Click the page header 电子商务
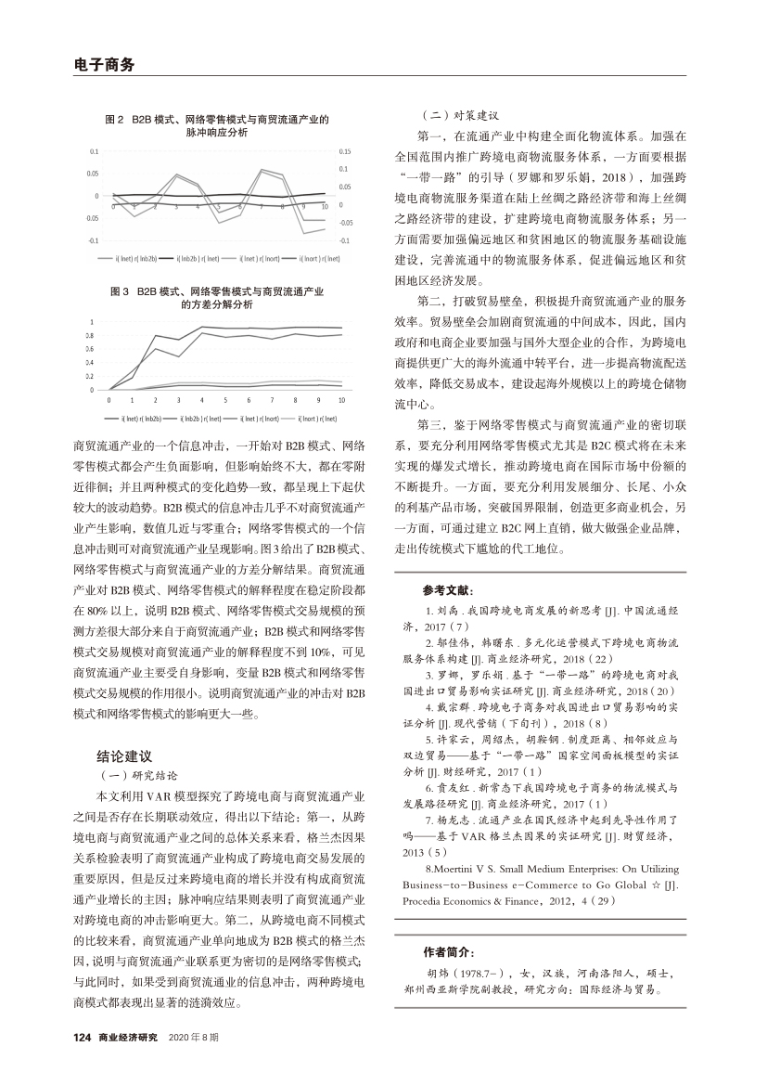[x=104, y=64]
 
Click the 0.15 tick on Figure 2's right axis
[x=344, y=150]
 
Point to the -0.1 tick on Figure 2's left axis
[x=94, y=240]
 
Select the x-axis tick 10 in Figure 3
[x=341, y=399]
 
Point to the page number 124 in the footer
[x=84, y=1036]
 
